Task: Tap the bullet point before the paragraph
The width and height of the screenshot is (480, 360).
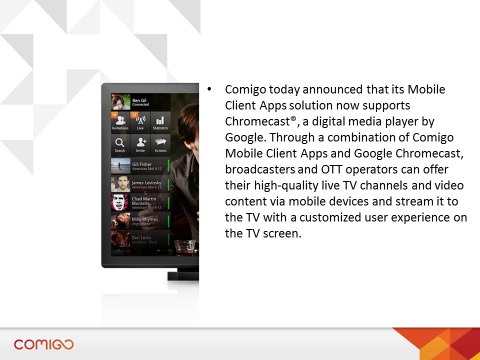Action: tap(210, 88)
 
